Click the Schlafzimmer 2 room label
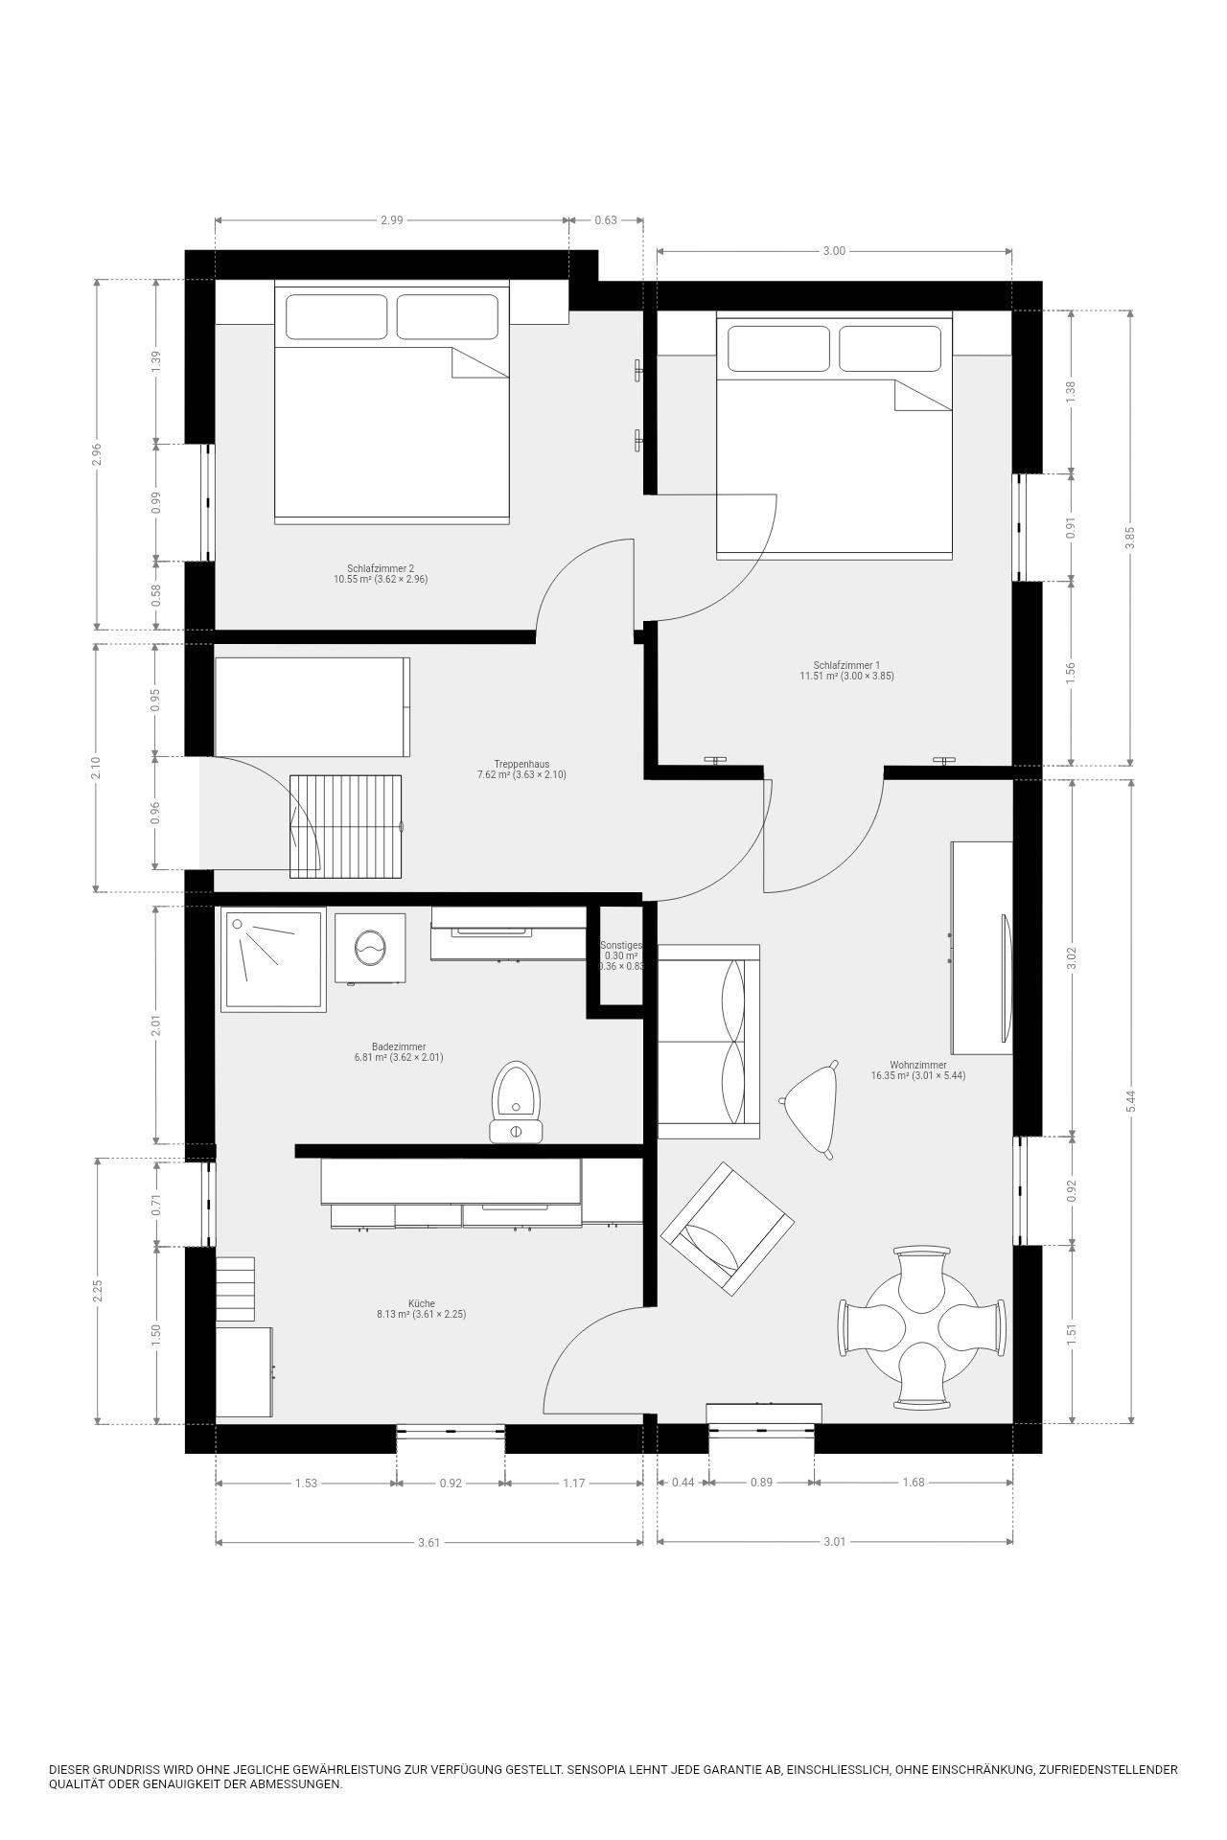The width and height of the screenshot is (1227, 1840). (381, 567)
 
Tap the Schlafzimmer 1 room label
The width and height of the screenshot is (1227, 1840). (846, 665)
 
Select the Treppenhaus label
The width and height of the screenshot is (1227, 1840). (521, 764)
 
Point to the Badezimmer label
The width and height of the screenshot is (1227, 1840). (399, 1046)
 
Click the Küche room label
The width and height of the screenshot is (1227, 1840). (422, 1303)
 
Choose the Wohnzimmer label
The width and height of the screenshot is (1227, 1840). (918, 1065)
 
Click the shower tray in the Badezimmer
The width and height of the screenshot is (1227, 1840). (273, 959)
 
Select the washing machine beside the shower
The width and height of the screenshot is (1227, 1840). (370, 948)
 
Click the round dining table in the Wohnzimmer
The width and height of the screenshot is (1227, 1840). (922, 1327)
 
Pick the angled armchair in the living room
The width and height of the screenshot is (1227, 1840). (728, 1230)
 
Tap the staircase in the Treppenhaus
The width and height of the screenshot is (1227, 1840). (346, 826)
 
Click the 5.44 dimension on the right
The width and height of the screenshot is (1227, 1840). (1131, 1101)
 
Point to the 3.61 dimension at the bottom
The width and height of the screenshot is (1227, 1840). (428, 1542)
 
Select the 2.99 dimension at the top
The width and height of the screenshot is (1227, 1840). (391, 219)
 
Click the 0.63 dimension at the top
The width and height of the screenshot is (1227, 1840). (606, 219)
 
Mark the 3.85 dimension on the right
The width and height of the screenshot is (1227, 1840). (1131, 538)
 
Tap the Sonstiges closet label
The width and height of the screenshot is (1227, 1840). (620, 945)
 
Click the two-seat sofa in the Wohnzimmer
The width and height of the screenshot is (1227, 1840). (709, 1042)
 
